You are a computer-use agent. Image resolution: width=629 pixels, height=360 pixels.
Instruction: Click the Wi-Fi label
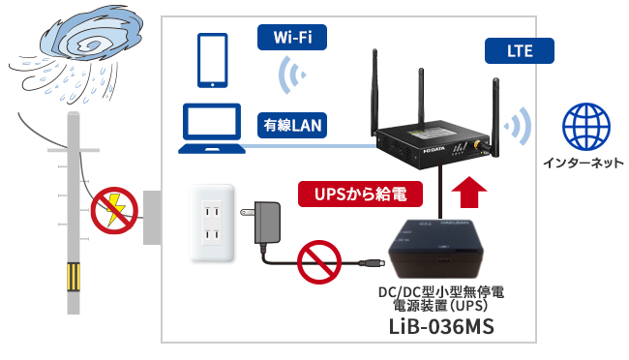point(291,38)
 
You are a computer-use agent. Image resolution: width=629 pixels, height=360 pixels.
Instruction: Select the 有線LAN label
point(291,125)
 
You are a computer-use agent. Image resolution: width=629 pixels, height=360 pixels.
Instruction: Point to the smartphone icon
point(212,61)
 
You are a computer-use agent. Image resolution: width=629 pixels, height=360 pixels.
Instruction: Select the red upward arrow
point(470,193)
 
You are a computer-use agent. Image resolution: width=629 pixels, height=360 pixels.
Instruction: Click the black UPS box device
point(437,249)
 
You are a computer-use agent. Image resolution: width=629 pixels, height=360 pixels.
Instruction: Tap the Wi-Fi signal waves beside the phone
point(288,75)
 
